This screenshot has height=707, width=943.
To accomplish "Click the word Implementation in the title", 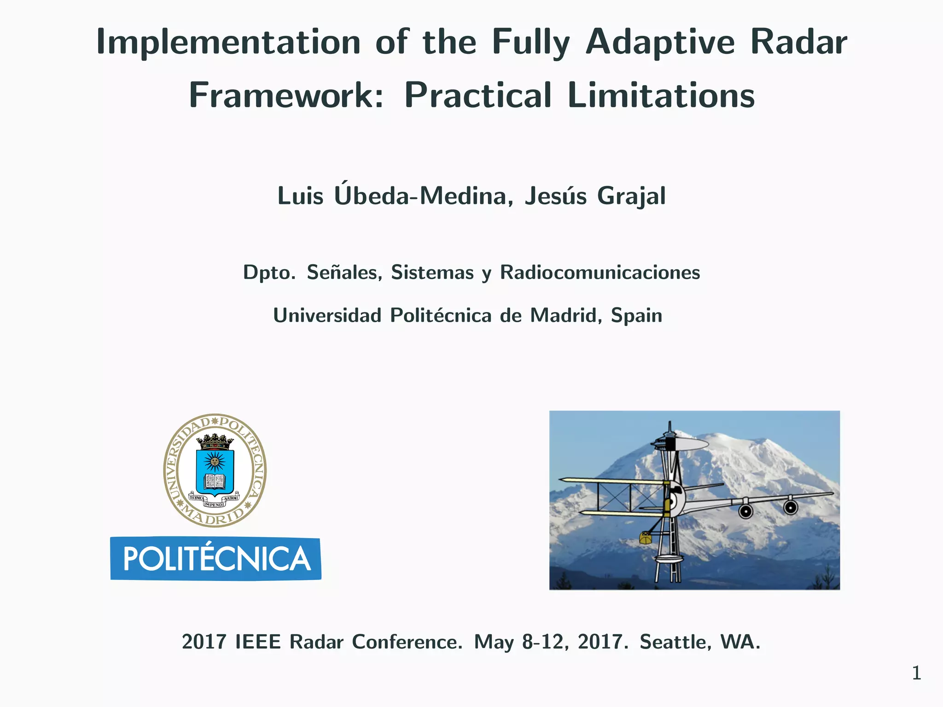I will coord(228,42).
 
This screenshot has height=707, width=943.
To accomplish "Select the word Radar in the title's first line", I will coord(798,42).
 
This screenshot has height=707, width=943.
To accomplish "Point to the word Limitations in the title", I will coord(661,96).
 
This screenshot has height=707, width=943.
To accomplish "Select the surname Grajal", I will coord(631,196).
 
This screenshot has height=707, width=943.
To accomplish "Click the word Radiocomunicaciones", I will coord(600,272).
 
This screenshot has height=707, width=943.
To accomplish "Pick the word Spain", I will coord(636,316).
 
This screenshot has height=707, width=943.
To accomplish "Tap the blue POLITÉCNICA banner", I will coord(215,558).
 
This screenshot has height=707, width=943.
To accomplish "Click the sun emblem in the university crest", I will coord(215,460).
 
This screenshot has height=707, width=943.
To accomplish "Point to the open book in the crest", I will coord(215,481).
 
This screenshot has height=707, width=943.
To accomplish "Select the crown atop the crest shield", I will coord(215,440).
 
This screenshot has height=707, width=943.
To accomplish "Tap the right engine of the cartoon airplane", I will coord(791,508).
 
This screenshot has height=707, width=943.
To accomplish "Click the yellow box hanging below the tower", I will coord(646,538).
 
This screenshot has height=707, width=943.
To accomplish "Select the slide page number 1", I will coord(916,673).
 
